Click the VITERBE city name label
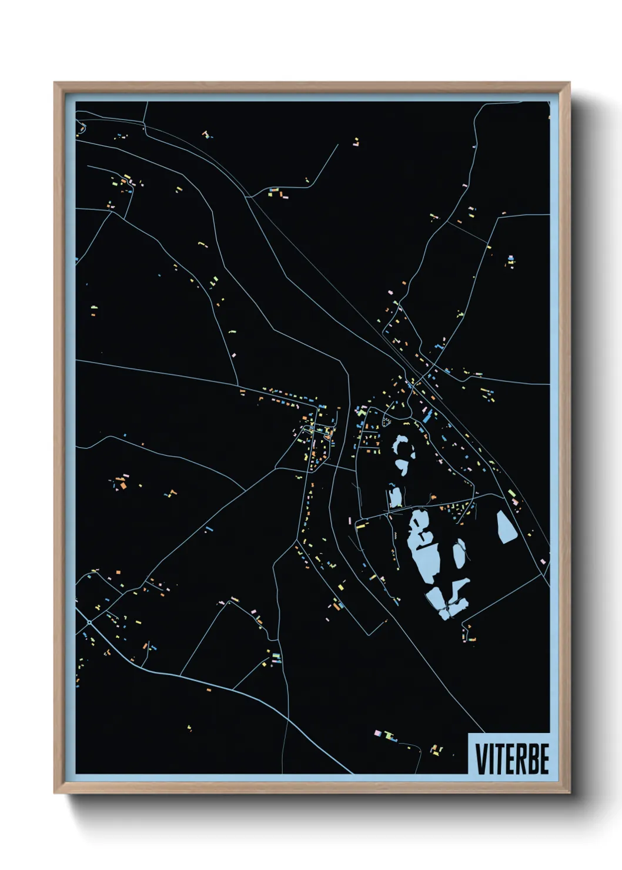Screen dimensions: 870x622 pyautogui.click(x=511, y=758)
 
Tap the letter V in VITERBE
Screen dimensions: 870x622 pyautogui.click(x=481, y=759)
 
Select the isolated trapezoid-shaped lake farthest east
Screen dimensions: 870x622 pyautogui.click(x=506, y=527)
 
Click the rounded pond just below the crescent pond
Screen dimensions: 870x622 pyautogui.click(x=402, y=467)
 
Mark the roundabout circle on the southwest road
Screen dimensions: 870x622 pyautogui.click(x=89, y=622)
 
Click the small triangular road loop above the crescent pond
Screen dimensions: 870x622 pyautogui.click(x=387, y=418)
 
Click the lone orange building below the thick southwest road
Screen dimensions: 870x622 pyautogui.click(x=208, y=689)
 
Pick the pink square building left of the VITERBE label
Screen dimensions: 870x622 pyautogui.click(x=378, y=732)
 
